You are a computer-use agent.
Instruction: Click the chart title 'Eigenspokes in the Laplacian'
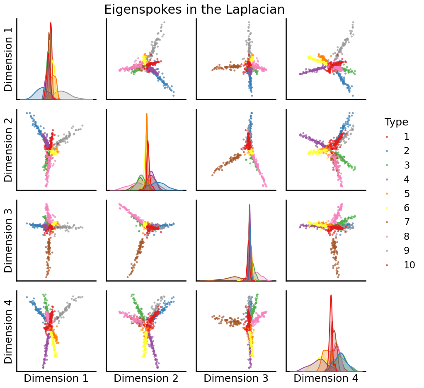tap(194, 10)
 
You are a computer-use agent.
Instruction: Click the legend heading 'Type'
tap(396, 122)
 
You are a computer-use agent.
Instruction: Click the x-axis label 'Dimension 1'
tap(56, 378)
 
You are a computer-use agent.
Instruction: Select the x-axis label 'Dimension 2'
tap(146, 378)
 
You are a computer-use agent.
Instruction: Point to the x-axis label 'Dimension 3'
tap(236, 378)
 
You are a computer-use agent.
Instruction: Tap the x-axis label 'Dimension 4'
tap(326, 378)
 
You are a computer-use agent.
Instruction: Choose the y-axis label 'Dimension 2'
tap(9, 150)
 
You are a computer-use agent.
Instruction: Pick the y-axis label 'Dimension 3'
tap(9, 241)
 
